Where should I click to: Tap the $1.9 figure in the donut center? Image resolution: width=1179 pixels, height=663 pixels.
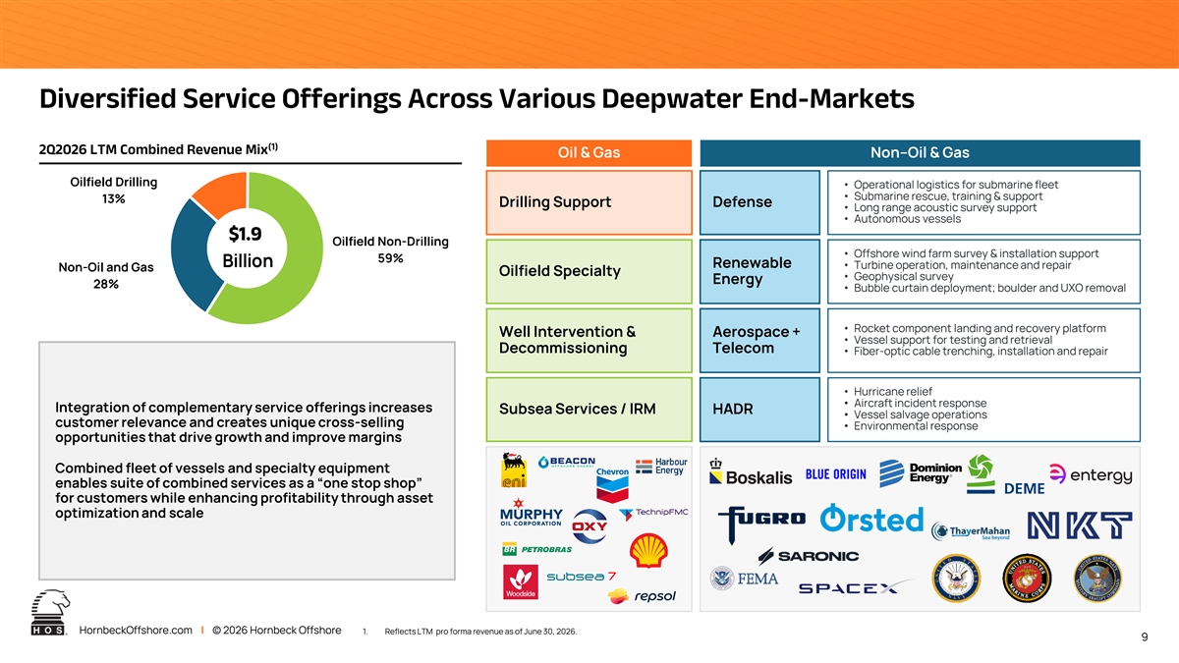pyautogui.click(x=245, y=234)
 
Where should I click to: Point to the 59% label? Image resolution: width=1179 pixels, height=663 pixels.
pyautogui.click(x=390, y=258)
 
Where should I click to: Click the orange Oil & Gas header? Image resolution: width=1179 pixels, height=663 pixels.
pyautogui.click(x=589, y=152)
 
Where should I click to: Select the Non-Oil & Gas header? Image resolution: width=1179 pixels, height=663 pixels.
pyautogui.click(x=920, y=152)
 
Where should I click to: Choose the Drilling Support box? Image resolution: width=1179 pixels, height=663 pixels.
pyautogui.click(x=589, y=202)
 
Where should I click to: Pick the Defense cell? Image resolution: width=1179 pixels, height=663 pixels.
pyautogui.click(x=759, y=202)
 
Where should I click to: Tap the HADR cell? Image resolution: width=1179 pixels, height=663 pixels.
pyautogui.click(x=759, y=410)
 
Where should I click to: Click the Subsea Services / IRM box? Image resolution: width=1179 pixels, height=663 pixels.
pyautogui.click(x=589, y=410)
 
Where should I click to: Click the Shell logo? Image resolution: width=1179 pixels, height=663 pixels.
pyautogui.click(x=648, y=550)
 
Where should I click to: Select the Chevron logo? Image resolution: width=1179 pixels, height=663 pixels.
pyautogui.click(x=612, y=484)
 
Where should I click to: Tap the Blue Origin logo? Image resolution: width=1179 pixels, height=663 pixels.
pyautogui.click(x=835, y=474)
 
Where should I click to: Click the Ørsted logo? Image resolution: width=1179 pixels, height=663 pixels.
pyautogui.click(x=871, y=519)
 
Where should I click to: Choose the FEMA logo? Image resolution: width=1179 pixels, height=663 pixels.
pyautogui.click(x=744, y=579)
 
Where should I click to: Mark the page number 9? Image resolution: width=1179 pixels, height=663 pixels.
pyautogui.click(x=1145, y=637)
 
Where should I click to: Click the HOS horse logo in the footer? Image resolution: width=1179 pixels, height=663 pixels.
pyautogui.click(x=49, y=612)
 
